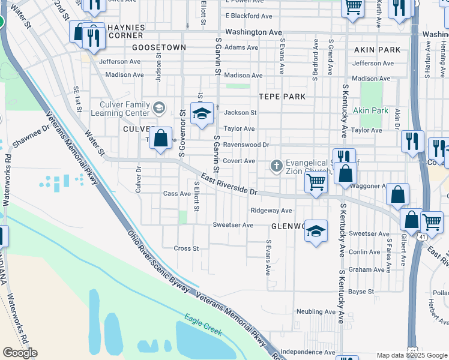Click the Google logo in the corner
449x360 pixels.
coord(20,353)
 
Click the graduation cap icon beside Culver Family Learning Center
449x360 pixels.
coord(159,108)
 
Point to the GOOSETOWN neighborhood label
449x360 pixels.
coord(159,47)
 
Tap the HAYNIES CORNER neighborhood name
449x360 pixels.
coord(127,31)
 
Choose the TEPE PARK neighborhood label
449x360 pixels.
coord(282,97)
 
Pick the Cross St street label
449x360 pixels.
coord(186,248)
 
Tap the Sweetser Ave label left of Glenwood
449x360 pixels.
coord(233,225)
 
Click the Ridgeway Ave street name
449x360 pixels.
coord(271,211)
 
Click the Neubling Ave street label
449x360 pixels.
coord(316,312)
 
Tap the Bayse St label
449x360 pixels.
coord(361,292)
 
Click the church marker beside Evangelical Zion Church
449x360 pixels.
coord(277,165)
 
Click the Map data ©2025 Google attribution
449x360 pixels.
coord(412,355)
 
